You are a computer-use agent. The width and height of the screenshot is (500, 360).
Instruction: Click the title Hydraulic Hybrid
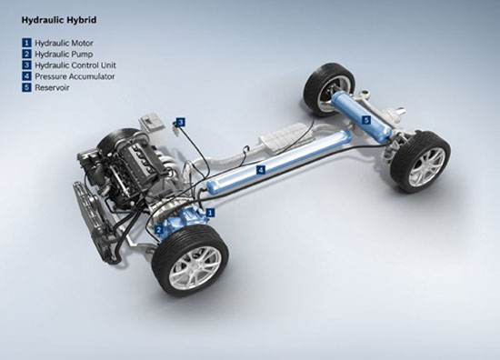click(x=59, y=20)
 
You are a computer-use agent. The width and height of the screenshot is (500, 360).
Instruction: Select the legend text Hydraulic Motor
click(x=65, y=43)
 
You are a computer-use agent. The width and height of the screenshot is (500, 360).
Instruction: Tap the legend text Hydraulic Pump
click(x=64, y=55)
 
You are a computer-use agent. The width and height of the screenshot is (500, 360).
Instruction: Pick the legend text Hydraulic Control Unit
click(x=75, y=65)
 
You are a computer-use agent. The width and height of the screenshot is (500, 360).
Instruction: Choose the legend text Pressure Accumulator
click(x=75, y=76)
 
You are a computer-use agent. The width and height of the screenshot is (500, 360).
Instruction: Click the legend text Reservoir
click(x=52, y=87)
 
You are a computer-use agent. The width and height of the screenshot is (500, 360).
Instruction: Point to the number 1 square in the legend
click(x=26, y=43)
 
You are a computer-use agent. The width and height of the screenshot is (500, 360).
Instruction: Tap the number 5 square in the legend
click(x=26, y=87)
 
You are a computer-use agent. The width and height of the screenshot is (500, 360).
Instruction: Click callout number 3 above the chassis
click(x=181, y=122)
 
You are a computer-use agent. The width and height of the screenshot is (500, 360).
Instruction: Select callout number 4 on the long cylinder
click(x=261, y=170)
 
